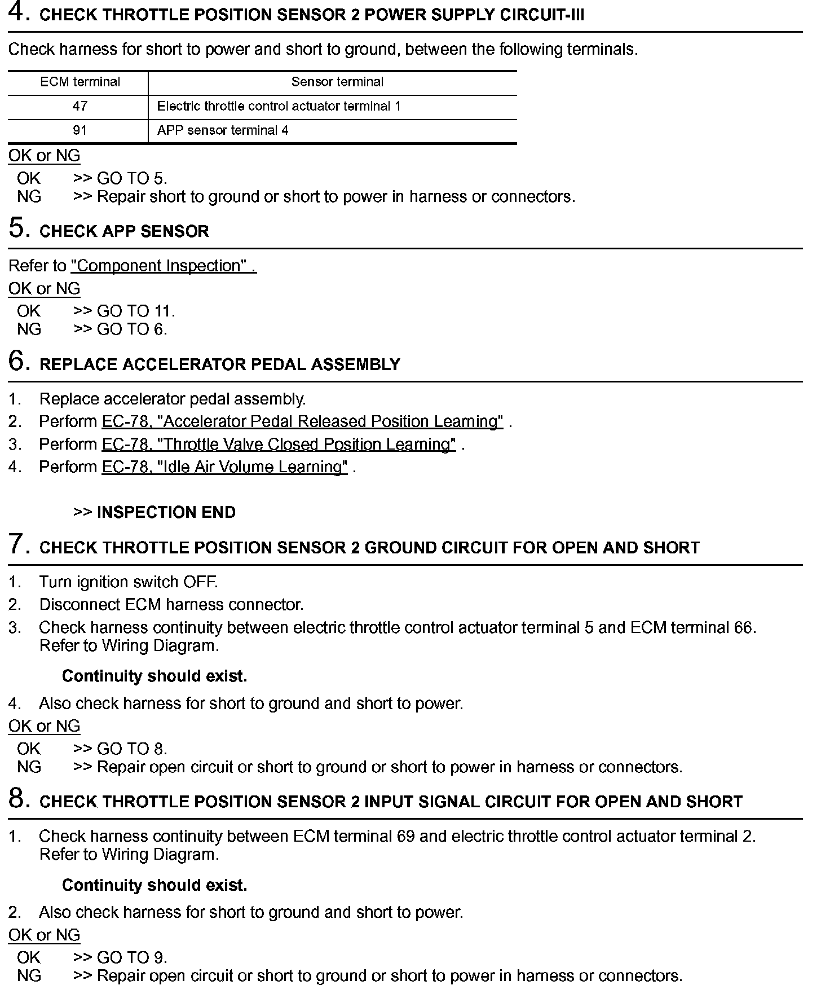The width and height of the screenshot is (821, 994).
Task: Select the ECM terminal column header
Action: [x=80, y=82]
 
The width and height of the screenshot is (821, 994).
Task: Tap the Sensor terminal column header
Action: [x=337, y=82]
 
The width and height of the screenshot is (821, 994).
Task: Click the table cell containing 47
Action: [x=80, y=107]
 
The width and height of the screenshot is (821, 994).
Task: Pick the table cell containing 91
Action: [x=80, y=131]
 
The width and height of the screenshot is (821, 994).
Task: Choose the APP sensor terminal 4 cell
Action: [x=223, y=131]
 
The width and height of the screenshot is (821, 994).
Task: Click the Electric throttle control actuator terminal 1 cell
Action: [x=279, y=107]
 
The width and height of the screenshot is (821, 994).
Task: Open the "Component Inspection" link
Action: [x=164, y=266]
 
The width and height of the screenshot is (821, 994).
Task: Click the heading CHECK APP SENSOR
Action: [x=124, y=231]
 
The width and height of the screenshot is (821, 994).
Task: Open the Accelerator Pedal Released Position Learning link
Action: [x=302, y=422]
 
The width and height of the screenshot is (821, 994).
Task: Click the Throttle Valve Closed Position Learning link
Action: [x=279, y=445]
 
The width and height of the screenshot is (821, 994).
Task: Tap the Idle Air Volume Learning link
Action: [x=224, y=467]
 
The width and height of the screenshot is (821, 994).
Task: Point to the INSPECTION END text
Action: [x=166, y=512]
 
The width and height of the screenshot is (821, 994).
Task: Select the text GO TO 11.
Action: [x=136, y=311]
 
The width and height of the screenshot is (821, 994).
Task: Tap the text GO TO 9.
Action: [x=131, y=957]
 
